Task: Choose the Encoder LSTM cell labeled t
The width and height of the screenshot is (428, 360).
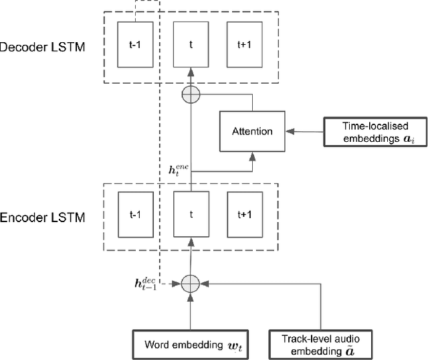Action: (191, 215)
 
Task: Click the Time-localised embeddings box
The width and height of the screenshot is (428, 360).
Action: (376, 130)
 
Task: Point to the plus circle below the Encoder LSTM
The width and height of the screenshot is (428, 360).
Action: (191, 284)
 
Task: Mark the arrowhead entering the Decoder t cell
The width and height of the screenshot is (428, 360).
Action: (191, 71)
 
